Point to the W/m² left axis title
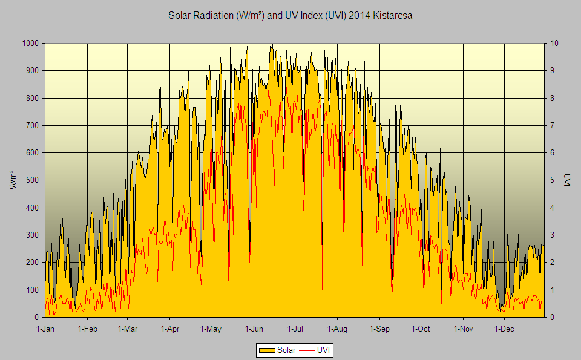pyautogui.click(x=13, y=180)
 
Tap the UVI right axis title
pyautogui.click(x=567, y=180)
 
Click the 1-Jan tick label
pyautogui.click(x=45, y=329)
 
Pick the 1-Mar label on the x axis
pyautogui.click(x=128, y=329)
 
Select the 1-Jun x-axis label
pyautogui.click(x=254, y=329)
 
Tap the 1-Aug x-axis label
pyautogui.click(x=337, y=329)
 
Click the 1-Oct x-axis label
pyautogui.click(x=420, y=329)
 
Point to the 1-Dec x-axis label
pyautogui.click(x=504, y=329)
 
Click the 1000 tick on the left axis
pyautogui.click(x=31, y=44)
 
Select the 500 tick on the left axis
pyautogui.click(x=33, y=180)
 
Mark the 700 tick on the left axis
pyautogui.click(x=33, y=126)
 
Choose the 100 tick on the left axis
pyautogui.click(x=33, y=290)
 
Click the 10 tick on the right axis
pyautogui.click(x=553, y=44)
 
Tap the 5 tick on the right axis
pyautogui.click(x=551, y=180)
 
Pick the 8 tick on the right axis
pyautogui.click(x=551, y=98)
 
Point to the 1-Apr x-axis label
pyautogui.click(x=170, y=329)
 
